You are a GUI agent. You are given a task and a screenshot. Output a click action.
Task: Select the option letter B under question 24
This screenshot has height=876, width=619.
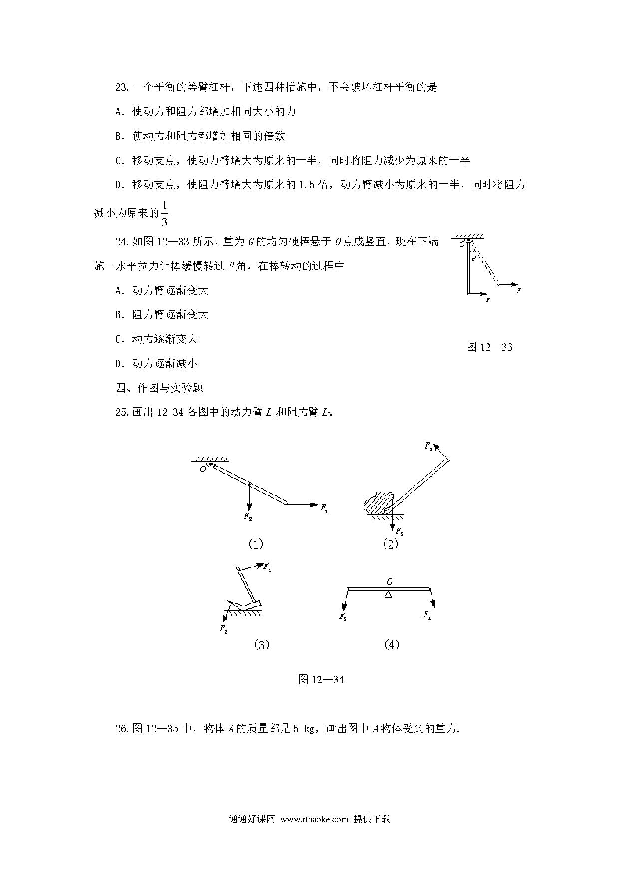(119, 315)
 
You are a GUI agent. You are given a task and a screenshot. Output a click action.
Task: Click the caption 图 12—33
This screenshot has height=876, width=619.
(489, 347)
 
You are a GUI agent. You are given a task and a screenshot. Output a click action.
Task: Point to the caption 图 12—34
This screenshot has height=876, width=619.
(320, 679)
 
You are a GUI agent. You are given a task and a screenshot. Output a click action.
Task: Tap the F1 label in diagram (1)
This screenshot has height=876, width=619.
(325, 508)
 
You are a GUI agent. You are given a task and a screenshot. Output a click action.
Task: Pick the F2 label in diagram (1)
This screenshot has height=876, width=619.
(248, 517)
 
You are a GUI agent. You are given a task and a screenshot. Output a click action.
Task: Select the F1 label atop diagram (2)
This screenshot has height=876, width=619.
(428, 446)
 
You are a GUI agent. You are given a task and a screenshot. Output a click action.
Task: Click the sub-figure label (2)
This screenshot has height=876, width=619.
(390, 544)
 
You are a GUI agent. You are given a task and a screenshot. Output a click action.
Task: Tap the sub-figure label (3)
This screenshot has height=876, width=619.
(261, 645)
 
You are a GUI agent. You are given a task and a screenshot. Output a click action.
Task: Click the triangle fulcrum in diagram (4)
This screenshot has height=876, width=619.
(388, 593)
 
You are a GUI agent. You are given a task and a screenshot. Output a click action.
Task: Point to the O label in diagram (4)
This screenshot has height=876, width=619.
(389, 581)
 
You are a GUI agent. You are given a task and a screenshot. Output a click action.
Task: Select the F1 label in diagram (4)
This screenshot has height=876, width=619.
(427, 615)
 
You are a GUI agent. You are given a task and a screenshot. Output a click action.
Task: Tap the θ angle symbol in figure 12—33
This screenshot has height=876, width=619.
(473, 258)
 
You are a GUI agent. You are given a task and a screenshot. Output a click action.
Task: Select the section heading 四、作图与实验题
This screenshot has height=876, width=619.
(159, 388)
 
